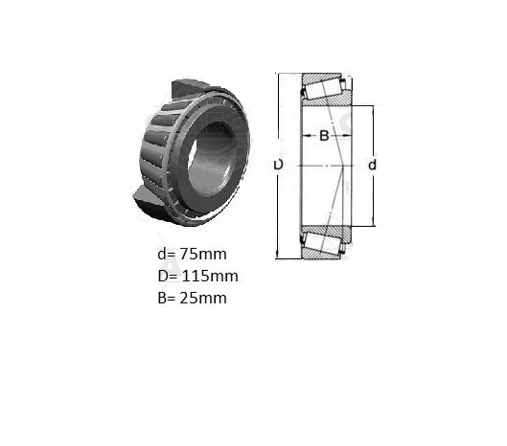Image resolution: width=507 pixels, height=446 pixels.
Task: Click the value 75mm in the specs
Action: (x=203, y=255)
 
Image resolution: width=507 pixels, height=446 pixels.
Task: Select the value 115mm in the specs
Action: (x=210, y=277)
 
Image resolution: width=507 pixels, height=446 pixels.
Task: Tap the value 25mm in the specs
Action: (x=203, y=298)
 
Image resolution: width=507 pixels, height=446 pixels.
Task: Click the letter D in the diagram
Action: (x=278, y=165)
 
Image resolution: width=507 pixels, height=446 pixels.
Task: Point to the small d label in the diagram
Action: (x=373, y=165)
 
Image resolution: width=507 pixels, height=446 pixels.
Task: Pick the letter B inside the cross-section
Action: (x=324, y=135)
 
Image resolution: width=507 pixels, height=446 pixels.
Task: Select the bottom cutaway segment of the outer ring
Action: (x=148, y=199)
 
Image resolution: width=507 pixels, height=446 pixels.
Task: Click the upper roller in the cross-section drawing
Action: (x=322, y=89)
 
